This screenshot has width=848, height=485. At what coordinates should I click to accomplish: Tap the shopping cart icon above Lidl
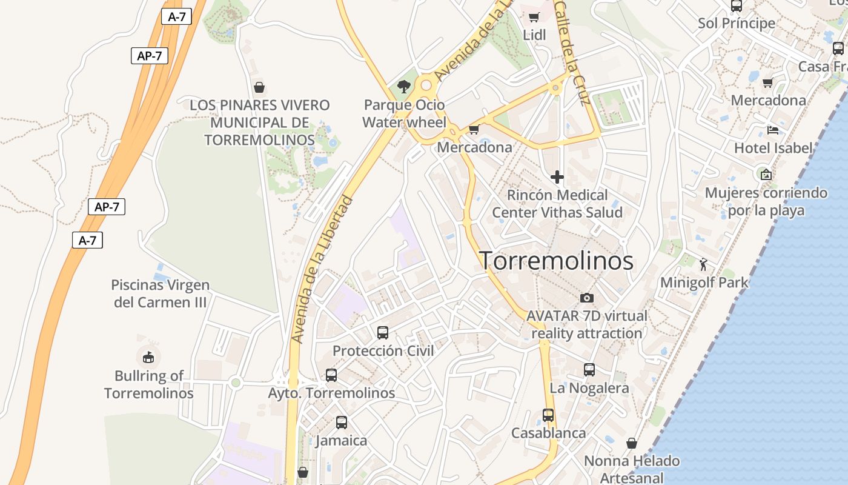point(534,17)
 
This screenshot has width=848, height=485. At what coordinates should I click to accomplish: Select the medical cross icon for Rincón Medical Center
point(557,177)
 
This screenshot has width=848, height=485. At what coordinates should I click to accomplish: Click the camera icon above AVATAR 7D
point(586,298)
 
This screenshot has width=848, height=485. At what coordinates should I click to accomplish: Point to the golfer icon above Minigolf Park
point(703,264)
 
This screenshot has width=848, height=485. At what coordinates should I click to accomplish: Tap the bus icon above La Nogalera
point(589,369)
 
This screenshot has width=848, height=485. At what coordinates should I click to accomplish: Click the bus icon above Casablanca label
point(548,415)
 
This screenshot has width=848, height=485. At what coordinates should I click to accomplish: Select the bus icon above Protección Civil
point(383,332)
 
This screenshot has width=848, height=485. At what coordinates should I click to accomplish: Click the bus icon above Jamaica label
point(342,423)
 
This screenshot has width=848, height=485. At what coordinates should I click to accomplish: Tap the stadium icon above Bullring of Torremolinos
point(148,357)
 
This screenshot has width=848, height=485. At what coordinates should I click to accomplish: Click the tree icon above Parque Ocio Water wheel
point(403,87)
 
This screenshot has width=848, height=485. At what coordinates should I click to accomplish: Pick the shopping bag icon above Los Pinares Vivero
point(259,87)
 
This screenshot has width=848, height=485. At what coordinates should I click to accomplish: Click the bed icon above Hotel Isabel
point(772,130)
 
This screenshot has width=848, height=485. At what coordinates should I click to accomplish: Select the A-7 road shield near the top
point(176,17)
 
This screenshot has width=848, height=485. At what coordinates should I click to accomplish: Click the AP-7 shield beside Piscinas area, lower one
point(107,207)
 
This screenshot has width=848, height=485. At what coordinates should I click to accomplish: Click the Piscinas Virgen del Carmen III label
point(161,293)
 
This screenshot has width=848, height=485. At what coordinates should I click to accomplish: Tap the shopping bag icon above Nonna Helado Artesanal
point(632,443)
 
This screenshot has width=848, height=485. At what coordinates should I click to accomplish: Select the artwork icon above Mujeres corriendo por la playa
point(766,175)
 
